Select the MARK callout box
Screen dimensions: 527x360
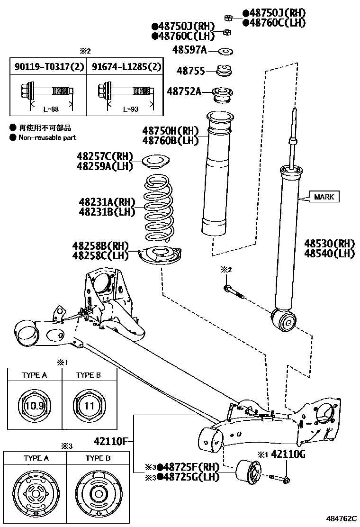pos(324,197)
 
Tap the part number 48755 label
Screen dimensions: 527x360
pos(191,72)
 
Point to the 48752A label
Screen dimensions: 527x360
pos(184,91)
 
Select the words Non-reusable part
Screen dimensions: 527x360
pos(47,137)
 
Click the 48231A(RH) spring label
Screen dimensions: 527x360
pos(107,202)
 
